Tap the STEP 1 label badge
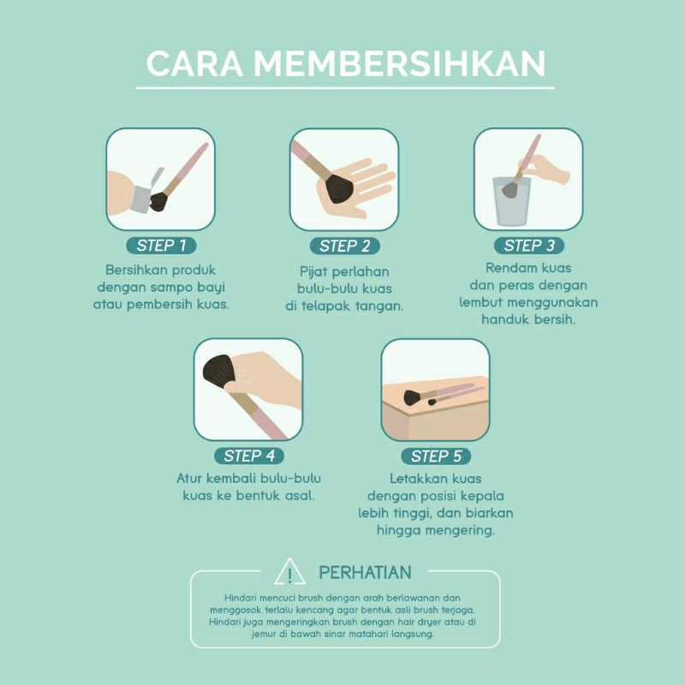pyautogui.click(x=161, y=247)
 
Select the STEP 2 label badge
pyautogui.click(x=344, y=247)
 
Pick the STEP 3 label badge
pyautogui.click(x=529, y=247)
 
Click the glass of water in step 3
pyautogui.click(x=512, y=200)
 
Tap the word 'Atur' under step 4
pyautogui.click(x=192, y=478)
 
